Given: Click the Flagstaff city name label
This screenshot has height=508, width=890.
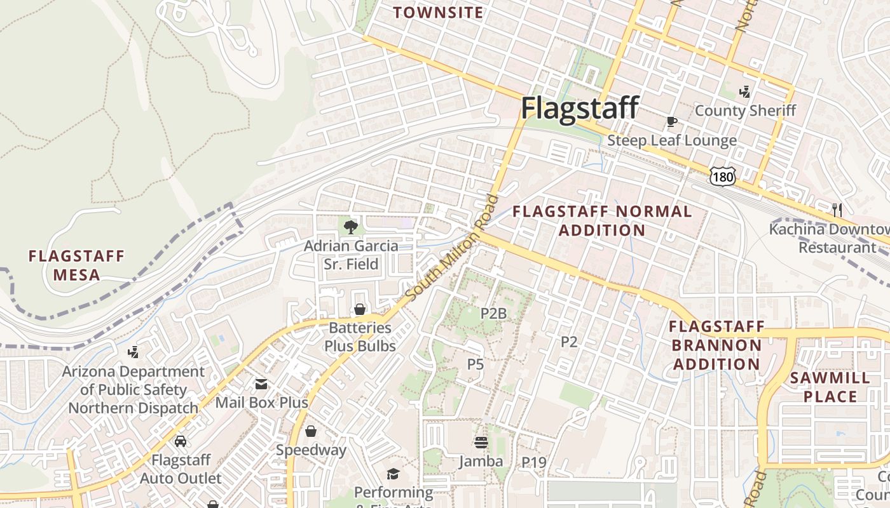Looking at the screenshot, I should point(579,108).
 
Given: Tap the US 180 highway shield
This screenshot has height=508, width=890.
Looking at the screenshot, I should point(723,177).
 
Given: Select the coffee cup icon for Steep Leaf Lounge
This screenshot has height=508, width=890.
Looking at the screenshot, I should point(671,121).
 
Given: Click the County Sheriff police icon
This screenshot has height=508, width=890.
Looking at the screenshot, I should point(744,92).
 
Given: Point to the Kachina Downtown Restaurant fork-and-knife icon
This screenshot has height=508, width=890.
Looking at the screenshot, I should point(837,210).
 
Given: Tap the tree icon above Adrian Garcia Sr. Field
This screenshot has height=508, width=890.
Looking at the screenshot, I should point(350,226).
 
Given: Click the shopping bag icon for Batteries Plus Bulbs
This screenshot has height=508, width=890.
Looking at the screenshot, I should point(360,309).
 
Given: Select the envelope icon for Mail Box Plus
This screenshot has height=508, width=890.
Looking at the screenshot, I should point(261,384).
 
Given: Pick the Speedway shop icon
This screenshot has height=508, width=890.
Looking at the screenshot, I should point(311,431).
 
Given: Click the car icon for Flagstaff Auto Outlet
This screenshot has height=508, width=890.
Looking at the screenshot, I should point(181,441).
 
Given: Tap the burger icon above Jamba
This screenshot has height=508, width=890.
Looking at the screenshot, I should point(481,443).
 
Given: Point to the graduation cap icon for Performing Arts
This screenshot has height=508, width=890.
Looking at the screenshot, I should point(393,474).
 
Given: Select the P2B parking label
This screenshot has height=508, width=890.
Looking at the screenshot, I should point(493,313).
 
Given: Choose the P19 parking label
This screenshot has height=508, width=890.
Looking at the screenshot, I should point(534,463).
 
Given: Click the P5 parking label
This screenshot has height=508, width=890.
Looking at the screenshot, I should point(476,364).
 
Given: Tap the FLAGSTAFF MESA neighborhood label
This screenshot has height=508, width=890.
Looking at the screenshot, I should point(76,265).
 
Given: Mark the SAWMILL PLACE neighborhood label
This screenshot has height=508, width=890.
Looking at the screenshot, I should point(830,387).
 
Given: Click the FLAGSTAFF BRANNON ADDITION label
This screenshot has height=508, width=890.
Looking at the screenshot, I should point(716,345).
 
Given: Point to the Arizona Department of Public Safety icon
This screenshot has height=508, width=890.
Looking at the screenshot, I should point(133,352).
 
